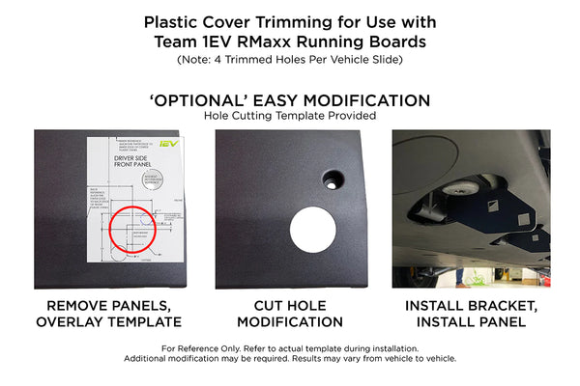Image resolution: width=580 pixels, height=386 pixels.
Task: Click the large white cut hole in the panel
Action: [314, 231]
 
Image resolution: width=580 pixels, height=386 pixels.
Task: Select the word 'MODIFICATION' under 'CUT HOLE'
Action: [290, 322]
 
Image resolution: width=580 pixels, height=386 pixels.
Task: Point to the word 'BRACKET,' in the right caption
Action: [509, 306]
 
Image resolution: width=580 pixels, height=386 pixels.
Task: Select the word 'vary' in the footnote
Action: [354, 358]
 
